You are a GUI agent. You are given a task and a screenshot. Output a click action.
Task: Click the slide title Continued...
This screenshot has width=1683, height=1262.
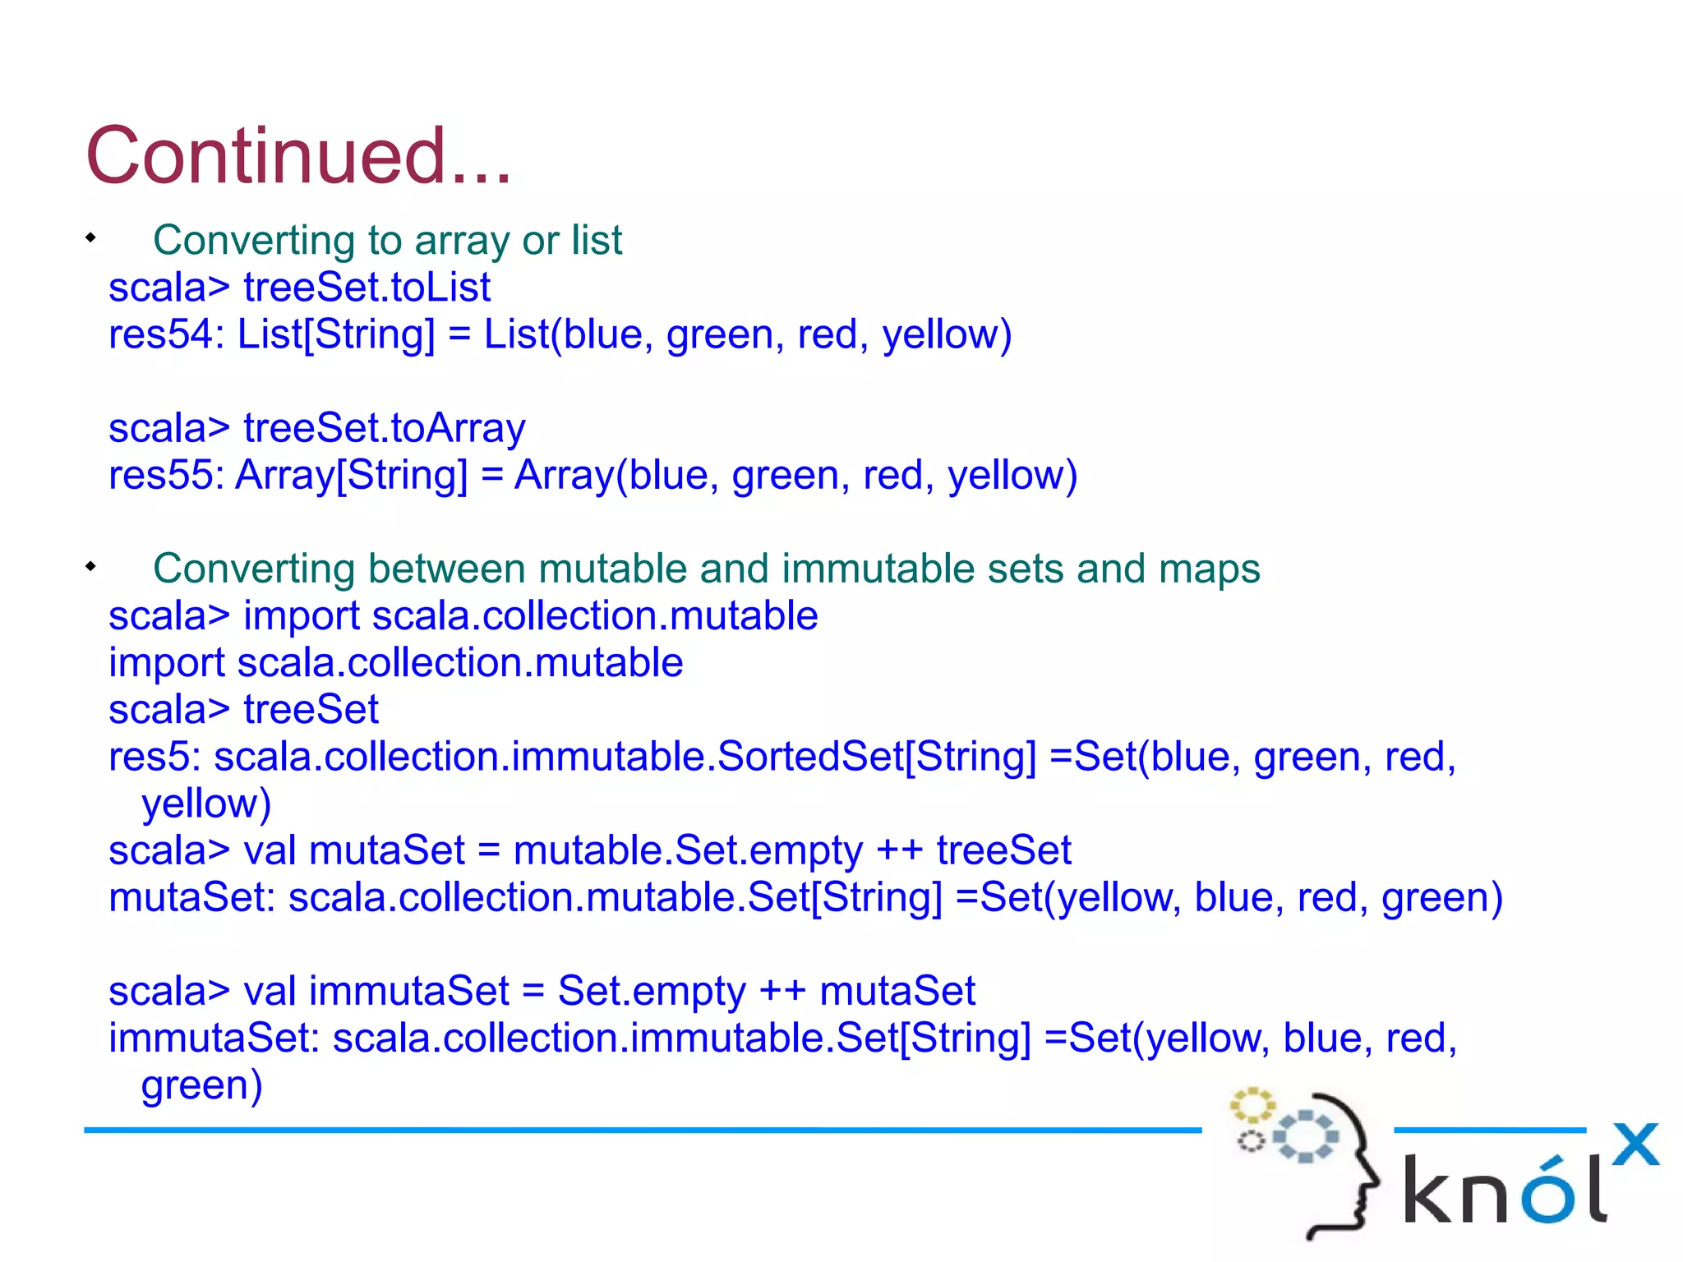(x=297, y=156)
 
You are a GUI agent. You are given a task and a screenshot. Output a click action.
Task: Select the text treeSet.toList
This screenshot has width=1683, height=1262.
(x=367, y=288)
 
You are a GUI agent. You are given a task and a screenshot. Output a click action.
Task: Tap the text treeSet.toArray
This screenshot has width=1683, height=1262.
(x=384, y=428)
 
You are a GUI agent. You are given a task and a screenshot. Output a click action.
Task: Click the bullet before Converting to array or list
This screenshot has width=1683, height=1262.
(x=90, y=238)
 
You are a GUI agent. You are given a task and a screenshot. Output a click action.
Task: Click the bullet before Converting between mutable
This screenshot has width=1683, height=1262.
(x=90, y=566)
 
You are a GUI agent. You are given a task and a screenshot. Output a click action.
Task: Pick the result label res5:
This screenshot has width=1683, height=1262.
(x=154, y=757)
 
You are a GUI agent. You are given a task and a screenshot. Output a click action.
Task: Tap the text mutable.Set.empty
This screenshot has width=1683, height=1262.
(x=687, y=851)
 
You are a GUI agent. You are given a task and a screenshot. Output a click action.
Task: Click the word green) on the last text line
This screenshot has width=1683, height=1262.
(x=201, y=1086)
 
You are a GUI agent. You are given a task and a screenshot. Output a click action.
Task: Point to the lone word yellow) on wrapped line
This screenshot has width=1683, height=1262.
(x=205, y=804)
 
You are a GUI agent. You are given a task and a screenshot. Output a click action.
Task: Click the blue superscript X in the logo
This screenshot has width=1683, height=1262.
(x=1635, y=1144)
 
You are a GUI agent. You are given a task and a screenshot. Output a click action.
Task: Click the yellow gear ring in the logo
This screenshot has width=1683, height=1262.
(x=1252, y=1105)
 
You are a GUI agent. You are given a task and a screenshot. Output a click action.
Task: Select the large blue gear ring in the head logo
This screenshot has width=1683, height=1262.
(x=1306, y=1136)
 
